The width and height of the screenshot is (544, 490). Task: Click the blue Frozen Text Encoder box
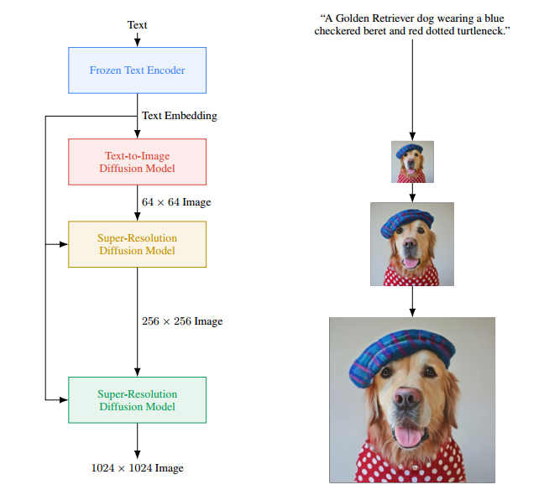pos(137,70)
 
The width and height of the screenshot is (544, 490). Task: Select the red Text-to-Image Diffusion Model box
pos(137,162)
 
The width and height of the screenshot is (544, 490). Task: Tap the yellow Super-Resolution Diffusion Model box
pos(137,244)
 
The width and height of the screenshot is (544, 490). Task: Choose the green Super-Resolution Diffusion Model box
pos(137,400)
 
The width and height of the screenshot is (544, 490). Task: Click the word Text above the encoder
pos(137,25)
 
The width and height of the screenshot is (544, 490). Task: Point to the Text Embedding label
pos(180,116)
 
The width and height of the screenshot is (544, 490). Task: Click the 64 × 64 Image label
pos(176,202)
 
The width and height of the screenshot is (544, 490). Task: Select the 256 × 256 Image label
pos(182,321)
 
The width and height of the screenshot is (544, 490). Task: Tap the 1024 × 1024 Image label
pos(137,468)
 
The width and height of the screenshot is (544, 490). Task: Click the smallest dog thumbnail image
pos(412,162)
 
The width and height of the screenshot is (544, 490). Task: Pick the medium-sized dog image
pos(412,244)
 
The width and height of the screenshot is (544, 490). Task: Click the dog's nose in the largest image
pos(406,397)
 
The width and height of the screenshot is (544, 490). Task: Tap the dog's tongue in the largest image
pos(408,436)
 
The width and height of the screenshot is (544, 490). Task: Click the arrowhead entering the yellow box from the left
pos(64,244)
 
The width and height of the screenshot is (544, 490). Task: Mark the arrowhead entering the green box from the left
pos(64,400)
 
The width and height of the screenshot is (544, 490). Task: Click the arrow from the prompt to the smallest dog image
pos(412,90)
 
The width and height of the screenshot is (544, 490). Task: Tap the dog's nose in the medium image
pos(410,242)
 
